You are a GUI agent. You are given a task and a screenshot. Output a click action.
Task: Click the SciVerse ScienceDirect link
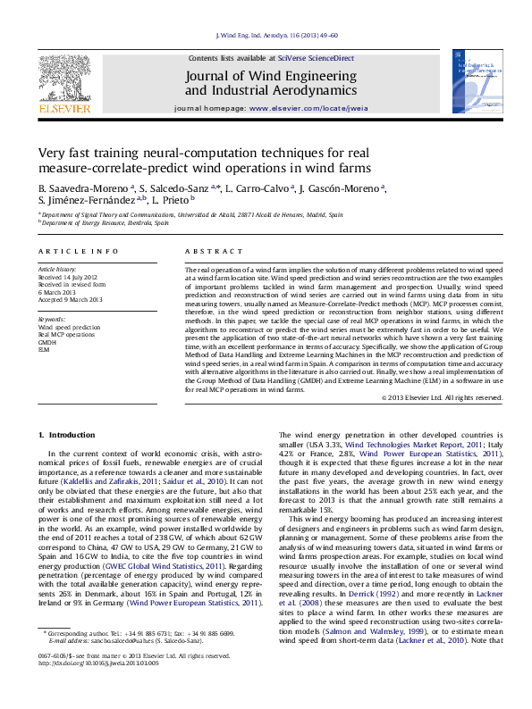(x=316, y=57)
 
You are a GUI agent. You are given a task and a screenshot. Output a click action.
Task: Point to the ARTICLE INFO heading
(x=78, y=252)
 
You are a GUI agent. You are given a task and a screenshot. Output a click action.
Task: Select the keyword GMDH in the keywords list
(x=47, y=341)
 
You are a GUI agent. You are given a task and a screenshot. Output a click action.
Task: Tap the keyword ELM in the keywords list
(x=45, y=349)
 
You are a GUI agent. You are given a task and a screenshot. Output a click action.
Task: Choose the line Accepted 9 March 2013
(x=71, y=298)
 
